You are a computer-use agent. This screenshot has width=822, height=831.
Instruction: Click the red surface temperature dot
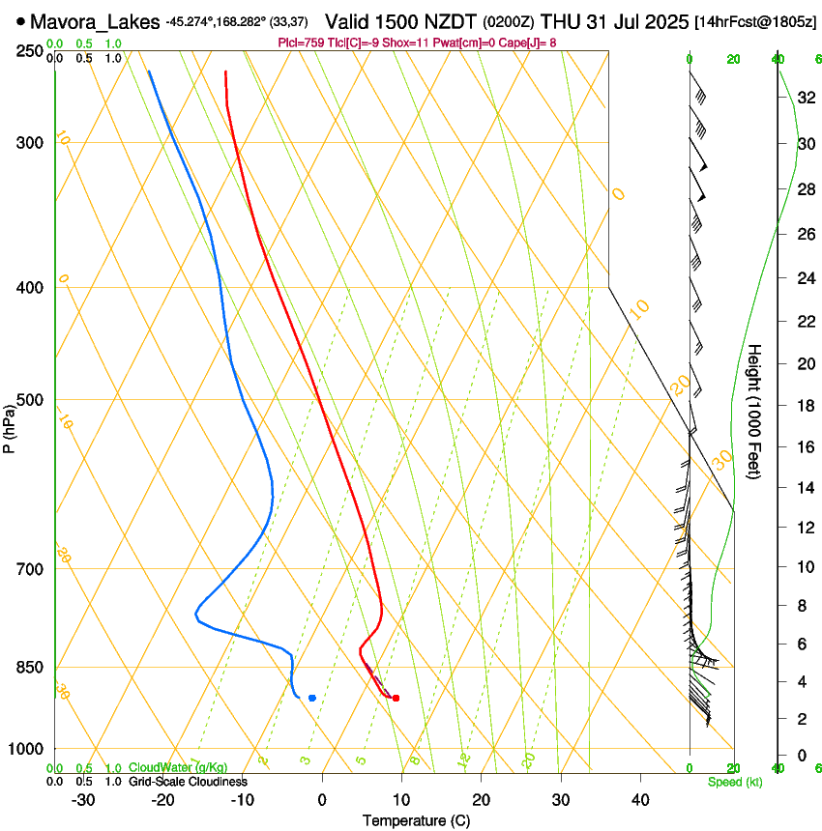coord(396,698)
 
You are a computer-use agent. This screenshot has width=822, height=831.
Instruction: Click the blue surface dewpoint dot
coord(311,698)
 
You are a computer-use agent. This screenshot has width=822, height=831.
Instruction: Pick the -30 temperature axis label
coord(83,800)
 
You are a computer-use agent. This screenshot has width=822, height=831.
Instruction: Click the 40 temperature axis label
coord(639,800)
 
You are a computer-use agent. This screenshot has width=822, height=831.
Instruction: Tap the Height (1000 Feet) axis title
coord(755,411)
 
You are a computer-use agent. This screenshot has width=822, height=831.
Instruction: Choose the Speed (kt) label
coord(735,782)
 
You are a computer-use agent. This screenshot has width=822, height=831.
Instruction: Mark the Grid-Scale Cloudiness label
coord(188,782)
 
